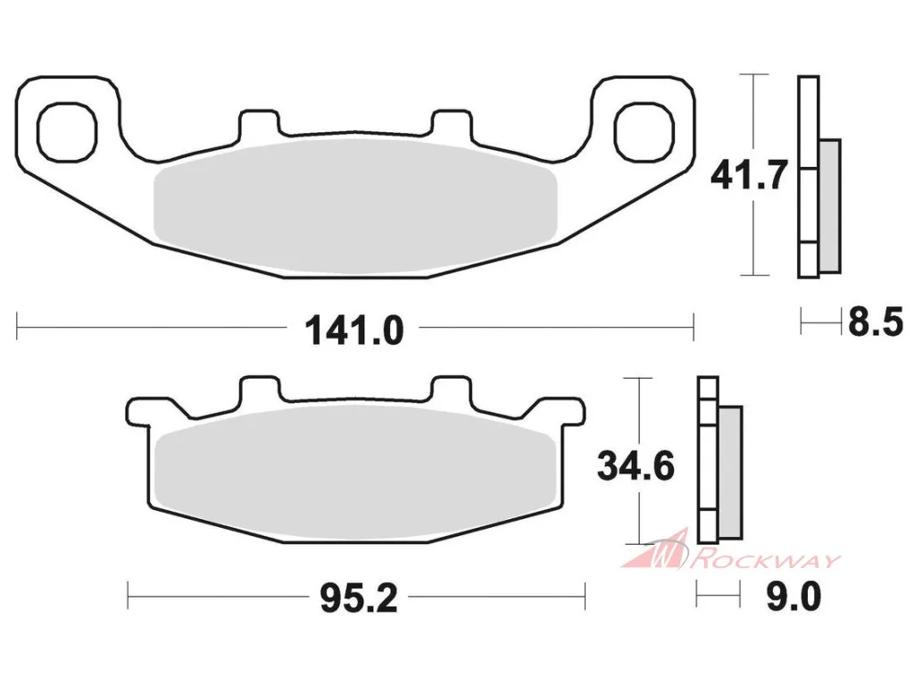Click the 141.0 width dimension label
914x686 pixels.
point(354,330)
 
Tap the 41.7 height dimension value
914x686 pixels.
point(749,174)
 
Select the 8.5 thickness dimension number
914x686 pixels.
point(876,322)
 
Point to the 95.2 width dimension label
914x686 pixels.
point(359,598)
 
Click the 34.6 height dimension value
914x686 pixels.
point(636,466)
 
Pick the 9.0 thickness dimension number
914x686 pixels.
point(794,596)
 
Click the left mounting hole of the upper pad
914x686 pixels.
point(66,131)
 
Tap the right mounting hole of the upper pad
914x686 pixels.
point(644,131)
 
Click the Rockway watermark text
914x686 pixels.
point(765,560)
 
